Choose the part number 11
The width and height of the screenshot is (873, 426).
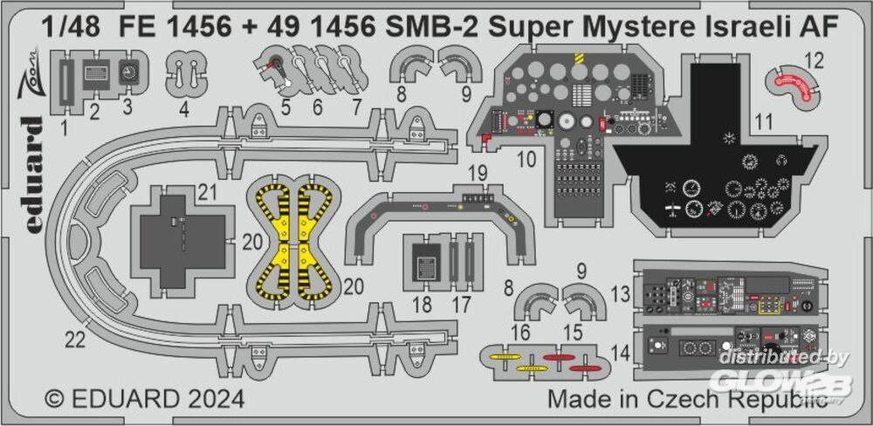[764, 123]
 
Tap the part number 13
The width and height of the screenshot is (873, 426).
[620, 292]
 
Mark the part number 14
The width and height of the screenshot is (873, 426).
[619, 354]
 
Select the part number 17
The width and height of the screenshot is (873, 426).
[462, 305]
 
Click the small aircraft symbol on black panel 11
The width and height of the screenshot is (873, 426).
[672, 210]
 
